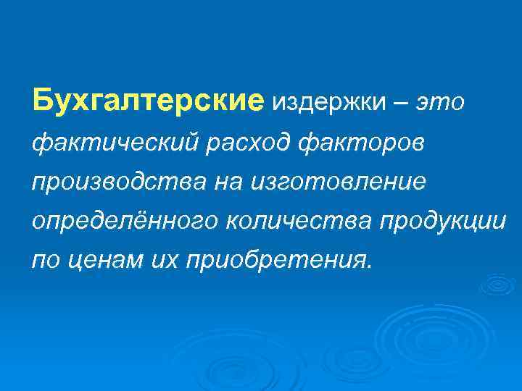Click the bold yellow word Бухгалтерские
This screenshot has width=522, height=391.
click(x=148, y=101)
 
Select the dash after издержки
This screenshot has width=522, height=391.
click(x=399, y=104)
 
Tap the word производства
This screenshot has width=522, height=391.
click(x=118, y=181)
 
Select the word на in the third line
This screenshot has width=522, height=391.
click(x=225, y=181)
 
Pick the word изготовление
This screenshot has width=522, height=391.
click(x=338, y=181)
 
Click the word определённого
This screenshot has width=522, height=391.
click(x=125, y=221)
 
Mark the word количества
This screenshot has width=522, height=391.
click(x=287, y=221)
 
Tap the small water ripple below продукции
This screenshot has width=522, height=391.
click(x=498, y=285)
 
